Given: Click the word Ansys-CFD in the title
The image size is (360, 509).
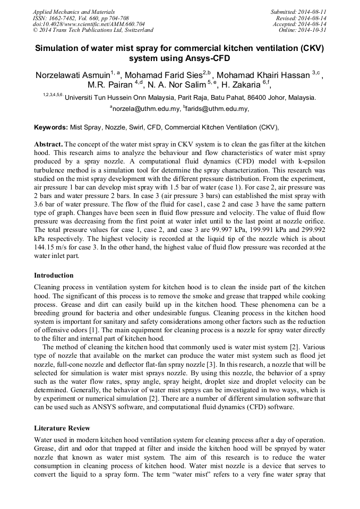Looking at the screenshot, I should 208,58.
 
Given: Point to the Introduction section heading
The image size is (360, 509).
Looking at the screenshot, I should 54,275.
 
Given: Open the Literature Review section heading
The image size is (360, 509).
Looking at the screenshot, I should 62,428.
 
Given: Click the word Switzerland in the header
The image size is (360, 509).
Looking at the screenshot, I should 135,30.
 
